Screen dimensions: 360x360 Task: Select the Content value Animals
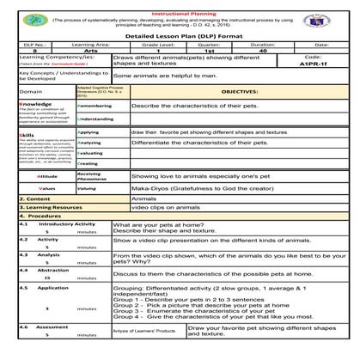[143, 198]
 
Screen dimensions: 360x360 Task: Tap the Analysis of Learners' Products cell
[144, 331]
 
